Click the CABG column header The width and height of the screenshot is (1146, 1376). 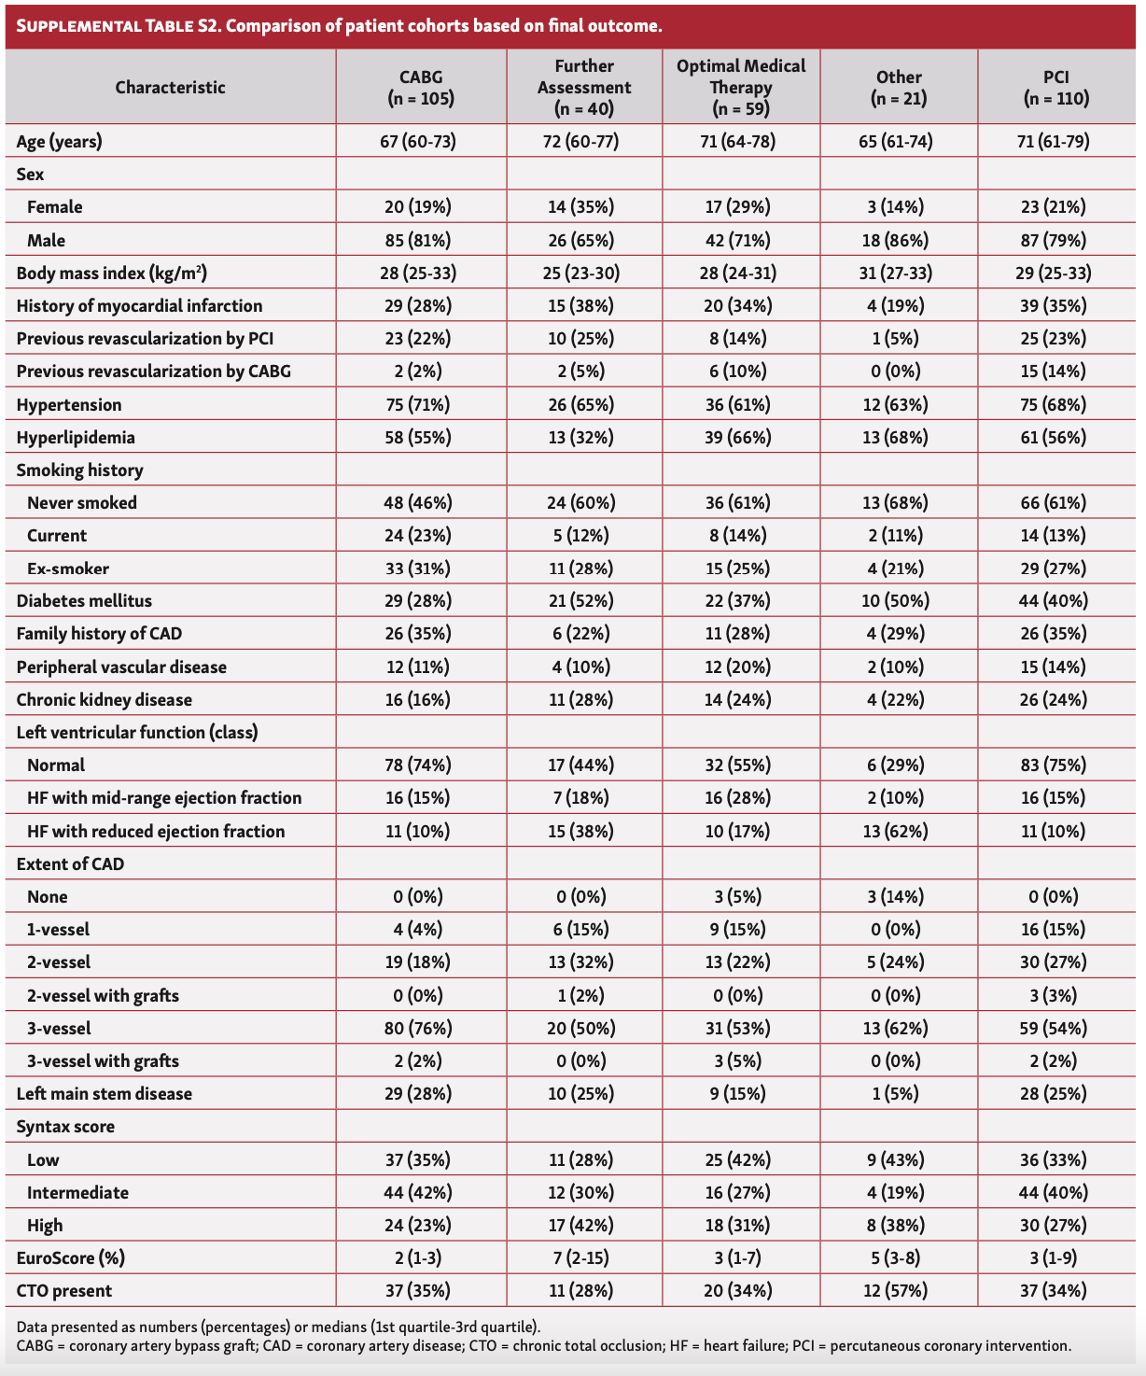[x=420, y=87]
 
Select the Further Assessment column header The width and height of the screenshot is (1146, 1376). [x=584, y=87]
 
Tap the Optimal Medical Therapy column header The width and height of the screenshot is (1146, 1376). [x=741, y=87]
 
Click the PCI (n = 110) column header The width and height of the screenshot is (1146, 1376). [x=1055, y=87]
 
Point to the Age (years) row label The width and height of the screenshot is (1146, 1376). [x=60, y=142]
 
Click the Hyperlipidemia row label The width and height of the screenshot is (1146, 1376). [x=76, y=437]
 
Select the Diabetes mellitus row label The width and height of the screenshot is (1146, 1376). [x=84, y=601]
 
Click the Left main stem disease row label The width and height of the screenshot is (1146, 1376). [x=105, y=1094]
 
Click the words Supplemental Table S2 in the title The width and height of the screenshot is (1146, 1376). [x=117, y=25]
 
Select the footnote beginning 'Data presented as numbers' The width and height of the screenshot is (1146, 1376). [x=278, y=1327]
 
